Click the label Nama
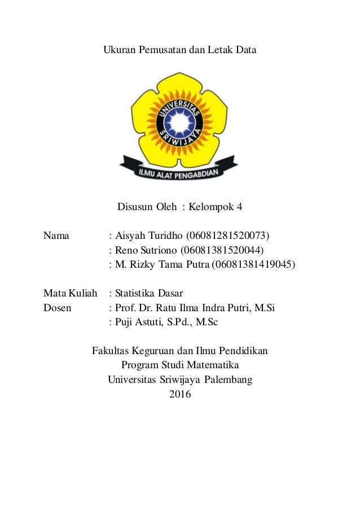[56, 236]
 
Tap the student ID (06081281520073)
[228, 236]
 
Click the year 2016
[180, 394]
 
